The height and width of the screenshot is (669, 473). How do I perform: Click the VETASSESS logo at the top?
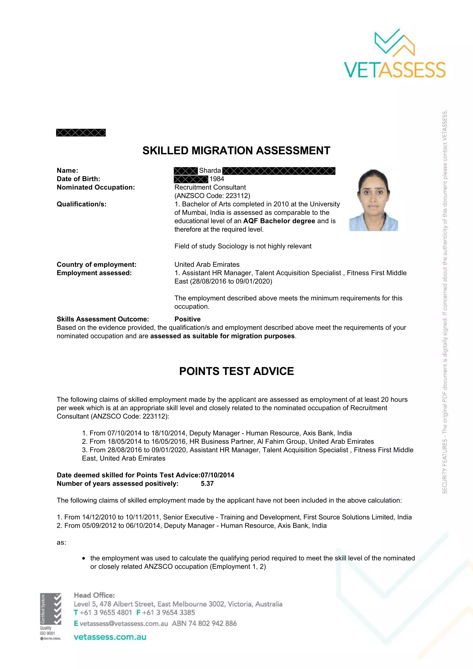pyautogui.click(x=395, y=54)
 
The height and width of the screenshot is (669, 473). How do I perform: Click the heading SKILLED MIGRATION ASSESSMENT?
pyautogui.click(x=236, y=151)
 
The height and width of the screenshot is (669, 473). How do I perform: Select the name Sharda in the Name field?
pyautogui.click(x=210, y=170)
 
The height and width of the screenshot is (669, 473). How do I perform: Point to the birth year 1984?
pyautogui.click(x=217, y=179)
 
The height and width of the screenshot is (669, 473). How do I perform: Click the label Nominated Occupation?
pyautogui.click(x=96, y=187)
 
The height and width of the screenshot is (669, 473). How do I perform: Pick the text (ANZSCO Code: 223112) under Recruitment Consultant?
pyautogui.click(x=212, y=196)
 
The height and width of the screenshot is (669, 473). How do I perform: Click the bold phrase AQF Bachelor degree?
pyautogui.click(x=279, y=221)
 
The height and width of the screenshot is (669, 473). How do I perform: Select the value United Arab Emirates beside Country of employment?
pyautogui.click(x=207, y=265)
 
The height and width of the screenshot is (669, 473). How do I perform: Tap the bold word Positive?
pyautogui.click(x=187, y=319)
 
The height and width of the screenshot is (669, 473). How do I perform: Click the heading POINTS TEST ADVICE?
pyautogui.click(x=236, y=371)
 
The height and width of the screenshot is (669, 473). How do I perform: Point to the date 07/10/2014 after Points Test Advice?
pyautogui.click(x=217, y=475)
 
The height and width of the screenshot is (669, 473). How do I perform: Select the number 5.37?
pyautogui.click(x=207, y=484)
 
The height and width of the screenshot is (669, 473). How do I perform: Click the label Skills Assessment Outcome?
pyautogui.click(x=103, y=319)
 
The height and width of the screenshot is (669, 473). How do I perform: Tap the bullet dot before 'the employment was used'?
pyautogui.click(x=84, y=558)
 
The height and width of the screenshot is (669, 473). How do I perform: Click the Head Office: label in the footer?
pyautogui.click(x=94, y=595)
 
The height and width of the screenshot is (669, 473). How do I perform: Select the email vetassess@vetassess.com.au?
pyautogui.click(x=124, y=624)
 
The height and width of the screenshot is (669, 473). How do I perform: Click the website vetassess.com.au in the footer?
pyautogui.click(x=110, y=637)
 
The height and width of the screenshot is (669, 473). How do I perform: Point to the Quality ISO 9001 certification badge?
pyautogui.click(x=50, y=617)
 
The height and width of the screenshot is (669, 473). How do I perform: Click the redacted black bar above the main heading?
pyautogui.click(x=81, y=133)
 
